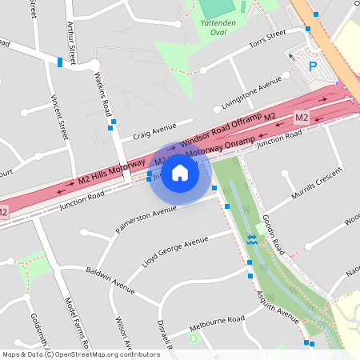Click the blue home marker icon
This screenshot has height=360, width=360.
pyautogui.click(x=180, y=173)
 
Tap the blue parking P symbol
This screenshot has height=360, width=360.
pyautogui.click(x=313, y=66)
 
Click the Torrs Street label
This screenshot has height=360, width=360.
pyautogui.click(x=267, y=40)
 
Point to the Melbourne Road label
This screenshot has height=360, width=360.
pyautogui.click(x=217, y=322)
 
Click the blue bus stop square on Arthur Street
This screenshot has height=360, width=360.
pyautogui.click(x=60, y=62)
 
